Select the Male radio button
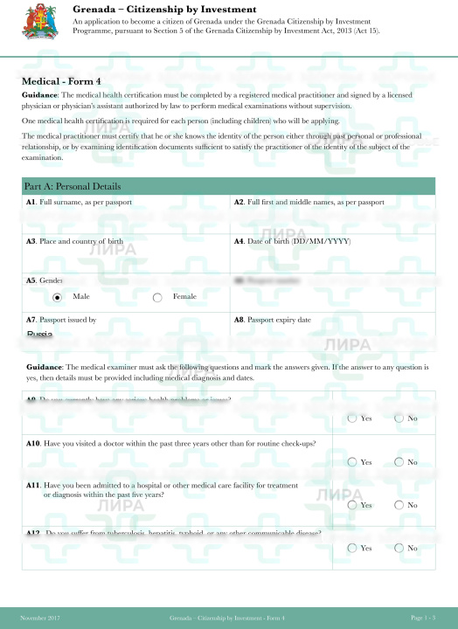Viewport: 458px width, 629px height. click(x=58, y=297)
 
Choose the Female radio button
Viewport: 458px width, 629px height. click(x=157, y=297)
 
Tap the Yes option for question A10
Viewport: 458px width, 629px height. click(x=352, y=461)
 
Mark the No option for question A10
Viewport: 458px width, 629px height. click(x=399, y=461)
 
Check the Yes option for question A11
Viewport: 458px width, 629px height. click(x=352, y=505)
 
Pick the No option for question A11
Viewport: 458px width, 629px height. click(x=399, y=505)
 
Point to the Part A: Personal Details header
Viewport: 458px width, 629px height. click(x=73, y=187)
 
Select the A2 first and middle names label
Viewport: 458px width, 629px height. click(x=309, y=203)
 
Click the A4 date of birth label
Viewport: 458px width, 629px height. click(x=293, y=241)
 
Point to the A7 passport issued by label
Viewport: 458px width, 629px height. click(x=61, y=320)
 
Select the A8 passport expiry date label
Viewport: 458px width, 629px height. click(x=273, y=320)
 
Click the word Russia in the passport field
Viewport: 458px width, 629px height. click(x=40, y=335)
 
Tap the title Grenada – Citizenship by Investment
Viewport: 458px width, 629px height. click(x=165, y=9)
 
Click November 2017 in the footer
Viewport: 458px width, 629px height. click(x=40, y=618)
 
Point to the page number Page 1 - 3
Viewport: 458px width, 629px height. click(x=423, y=618)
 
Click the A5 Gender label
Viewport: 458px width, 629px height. click(x=45, y=281)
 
